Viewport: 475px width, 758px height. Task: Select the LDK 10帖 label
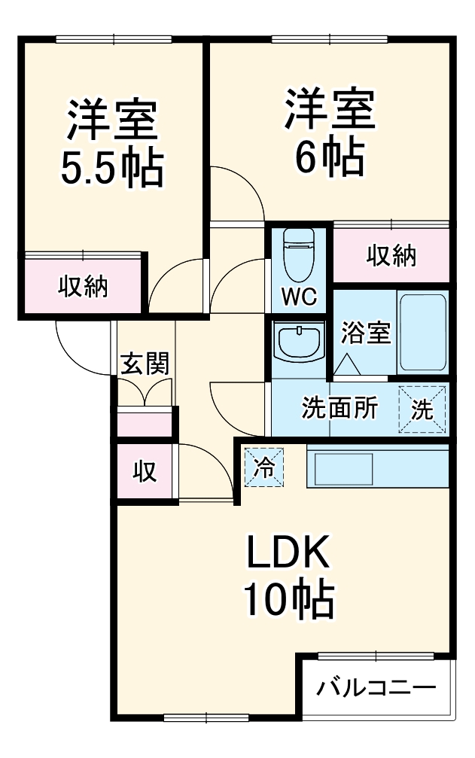[288, 577]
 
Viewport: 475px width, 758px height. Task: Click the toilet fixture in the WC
[299, 256]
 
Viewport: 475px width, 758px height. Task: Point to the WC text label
[299, 297]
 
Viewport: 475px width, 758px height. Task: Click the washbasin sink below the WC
[299, 342]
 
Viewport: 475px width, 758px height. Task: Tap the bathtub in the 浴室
[422, 332]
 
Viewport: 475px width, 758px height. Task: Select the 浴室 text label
[366, 333]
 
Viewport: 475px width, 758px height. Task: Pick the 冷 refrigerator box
[264, 467]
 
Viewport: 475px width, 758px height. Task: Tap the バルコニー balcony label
[376, 687]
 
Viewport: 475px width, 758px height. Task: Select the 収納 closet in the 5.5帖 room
[83, 287]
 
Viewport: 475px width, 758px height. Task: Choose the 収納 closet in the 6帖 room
[391, 256]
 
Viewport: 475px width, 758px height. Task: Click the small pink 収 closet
[145, 471]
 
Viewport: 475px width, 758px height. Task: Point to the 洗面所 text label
[340, 408]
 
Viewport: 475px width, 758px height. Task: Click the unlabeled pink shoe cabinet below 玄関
[145, 423]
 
